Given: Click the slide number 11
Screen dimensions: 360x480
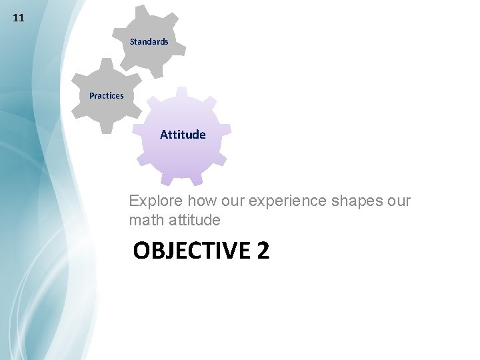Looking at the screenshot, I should (19, 18).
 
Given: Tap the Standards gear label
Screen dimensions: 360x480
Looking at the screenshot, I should (149, 41).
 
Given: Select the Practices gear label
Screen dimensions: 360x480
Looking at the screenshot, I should (107, 95).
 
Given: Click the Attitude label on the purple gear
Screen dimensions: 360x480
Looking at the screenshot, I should (183, 134).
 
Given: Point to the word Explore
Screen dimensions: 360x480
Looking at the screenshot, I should (156, 201).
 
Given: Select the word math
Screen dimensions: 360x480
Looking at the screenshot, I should (145, 219).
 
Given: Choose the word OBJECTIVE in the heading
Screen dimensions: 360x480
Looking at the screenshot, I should (190, 251).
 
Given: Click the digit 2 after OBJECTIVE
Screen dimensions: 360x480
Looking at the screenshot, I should (263, 251).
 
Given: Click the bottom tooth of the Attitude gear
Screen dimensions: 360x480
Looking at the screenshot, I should (179, 181).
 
